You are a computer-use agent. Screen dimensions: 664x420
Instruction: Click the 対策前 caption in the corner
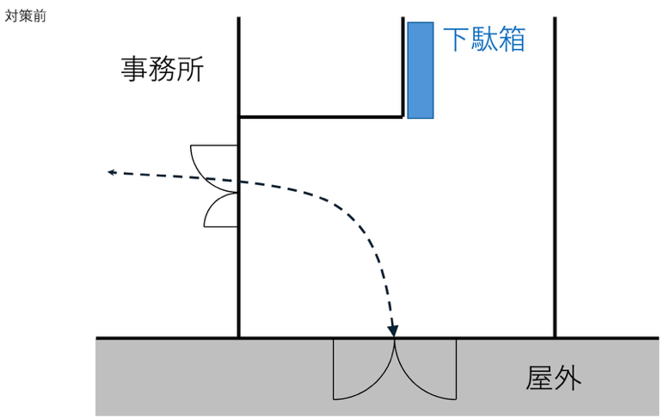[x=25, y=16]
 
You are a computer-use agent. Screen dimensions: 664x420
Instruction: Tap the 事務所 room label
[x=163, y=69]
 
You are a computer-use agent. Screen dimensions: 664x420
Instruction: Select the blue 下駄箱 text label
[x=484, y=39]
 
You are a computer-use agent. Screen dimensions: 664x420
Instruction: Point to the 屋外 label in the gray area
[x=553, y=378]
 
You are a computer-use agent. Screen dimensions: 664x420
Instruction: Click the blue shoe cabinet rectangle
[x=421, y=71]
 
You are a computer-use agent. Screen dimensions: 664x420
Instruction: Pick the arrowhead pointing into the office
[x=112, y=172]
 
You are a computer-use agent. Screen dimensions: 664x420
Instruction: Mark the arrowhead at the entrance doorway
[x=393, y=330]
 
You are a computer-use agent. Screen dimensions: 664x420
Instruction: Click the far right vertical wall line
[x=555, y=177]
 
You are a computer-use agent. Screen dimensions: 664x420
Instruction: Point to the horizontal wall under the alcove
[x=321, y=116]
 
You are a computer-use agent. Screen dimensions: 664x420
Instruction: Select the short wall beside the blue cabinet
[x=403, y=66]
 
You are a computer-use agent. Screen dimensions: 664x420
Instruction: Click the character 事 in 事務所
[x=134, y=69]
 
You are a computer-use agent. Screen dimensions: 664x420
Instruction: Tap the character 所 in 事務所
[x=191, y=69]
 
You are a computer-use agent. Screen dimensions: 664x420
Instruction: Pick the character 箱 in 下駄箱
[x=513, y=39]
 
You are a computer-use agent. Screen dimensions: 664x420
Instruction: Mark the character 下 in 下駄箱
[x=457, y=39]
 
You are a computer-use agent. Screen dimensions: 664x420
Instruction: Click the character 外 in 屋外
[x=568, y=378]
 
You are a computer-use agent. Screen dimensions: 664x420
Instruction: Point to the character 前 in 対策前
[x=40, y=16]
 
